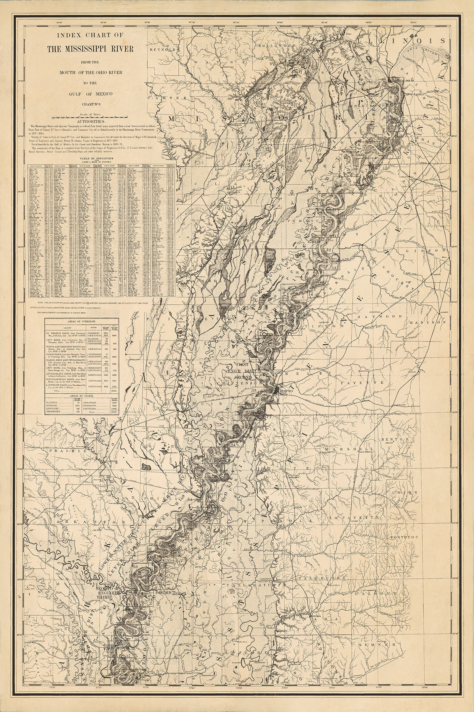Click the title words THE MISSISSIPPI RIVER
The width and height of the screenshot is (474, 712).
[x=90, y=49]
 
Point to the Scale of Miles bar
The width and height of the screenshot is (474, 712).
[x=90, y=116]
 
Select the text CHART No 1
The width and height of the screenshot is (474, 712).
[x=90, y=104]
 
